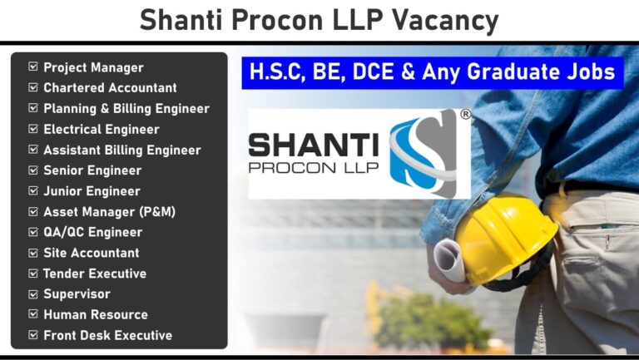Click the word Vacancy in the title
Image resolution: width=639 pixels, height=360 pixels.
445,21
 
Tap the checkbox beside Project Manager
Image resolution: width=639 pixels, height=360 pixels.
33,67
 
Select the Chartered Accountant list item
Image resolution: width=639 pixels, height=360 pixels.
110,87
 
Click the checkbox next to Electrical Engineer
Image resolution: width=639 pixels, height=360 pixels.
33,129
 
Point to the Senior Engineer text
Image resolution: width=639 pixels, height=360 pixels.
92,170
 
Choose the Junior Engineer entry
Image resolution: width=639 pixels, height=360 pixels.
92,191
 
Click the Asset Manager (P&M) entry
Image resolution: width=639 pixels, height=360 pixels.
109,212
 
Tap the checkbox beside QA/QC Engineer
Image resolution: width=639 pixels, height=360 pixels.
33,232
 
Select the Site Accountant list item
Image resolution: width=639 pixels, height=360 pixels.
92,253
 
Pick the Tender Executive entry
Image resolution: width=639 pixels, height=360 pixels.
95,274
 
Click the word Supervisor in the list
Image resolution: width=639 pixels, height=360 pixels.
77,294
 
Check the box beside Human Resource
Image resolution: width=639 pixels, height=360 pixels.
33,314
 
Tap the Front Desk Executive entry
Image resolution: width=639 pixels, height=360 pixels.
107,335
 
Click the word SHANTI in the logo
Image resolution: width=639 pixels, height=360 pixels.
314,145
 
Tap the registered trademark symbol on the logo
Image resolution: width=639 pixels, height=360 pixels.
465,115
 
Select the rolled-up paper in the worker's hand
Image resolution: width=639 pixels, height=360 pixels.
448,260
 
